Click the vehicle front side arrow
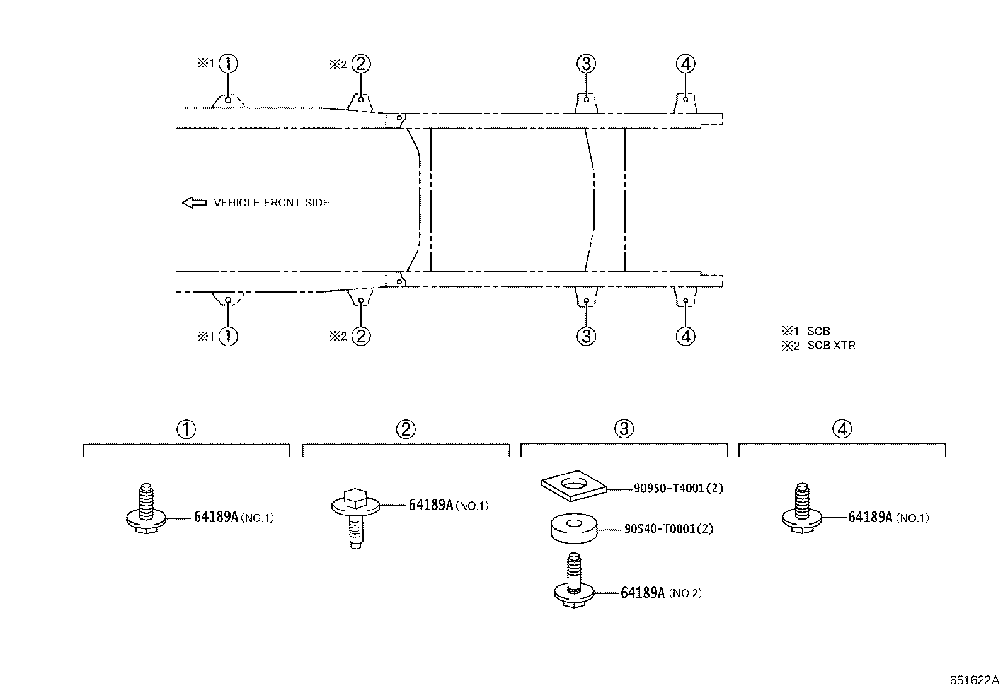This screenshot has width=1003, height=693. [194, 202]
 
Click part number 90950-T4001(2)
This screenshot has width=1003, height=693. [679, 488]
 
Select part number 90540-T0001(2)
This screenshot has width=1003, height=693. [669, 529]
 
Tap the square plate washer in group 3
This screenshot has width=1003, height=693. [574, 485]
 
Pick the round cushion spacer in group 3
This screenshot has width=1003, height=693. [574, 528]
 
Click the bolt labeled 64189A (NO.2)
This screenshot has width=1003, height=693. [574, 580]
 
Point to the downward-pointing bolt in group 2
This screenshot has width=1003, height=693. [355, 518]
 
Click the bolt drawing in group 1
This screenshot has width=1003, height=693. [146, 508]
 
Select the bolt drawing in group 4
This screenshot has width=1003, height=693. [802, 508]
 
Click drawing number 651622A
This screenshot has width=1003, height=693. [975, 680]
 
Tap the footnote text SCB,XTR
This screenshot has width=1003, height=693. [832, 346]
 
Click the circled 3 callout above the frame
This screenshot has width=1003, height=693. [586, 64]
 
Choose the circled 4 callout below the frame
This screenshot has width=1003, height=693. [685, 336]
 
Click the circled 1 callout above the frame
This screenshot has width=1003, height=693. [228, 64]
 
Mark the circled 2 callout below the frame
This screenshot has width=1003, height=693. [361, 336]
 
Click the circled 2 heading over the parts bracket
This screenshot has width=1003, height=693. [406, 429]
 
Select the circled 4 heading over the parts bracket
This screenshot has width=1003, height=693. [842, 429]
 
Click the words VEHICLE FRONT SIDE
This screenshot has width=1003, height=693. [272, 202]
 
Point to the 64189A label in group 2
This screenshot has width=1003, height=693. [431, 505]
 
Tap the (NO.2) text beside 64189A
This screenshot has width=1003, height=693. [685, 593]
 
